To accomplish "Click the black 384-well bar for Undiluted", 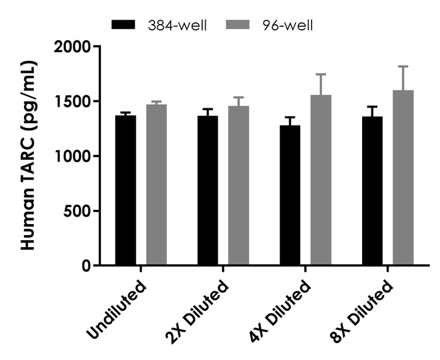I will click(125, 190).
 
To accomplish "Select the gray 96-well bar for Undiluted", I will click(156, 185).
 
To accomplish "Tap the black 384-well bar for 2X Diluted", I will click(207, 190).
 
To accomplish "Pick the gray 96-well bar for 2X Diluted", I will click(238, 186).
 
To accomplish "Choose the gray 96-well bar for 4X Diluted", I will click(321, 180).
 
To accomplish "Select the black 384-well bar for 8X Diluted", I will click(372, 191).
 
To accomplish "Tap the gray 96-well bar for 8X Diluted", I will click(403, 178).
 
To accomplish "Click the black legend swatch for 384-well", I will click(123, 25).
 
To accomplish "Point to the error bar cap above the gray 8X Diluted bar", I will click(403, 66).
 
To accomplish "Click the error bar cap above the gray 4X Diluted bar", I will click(321, 75).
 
